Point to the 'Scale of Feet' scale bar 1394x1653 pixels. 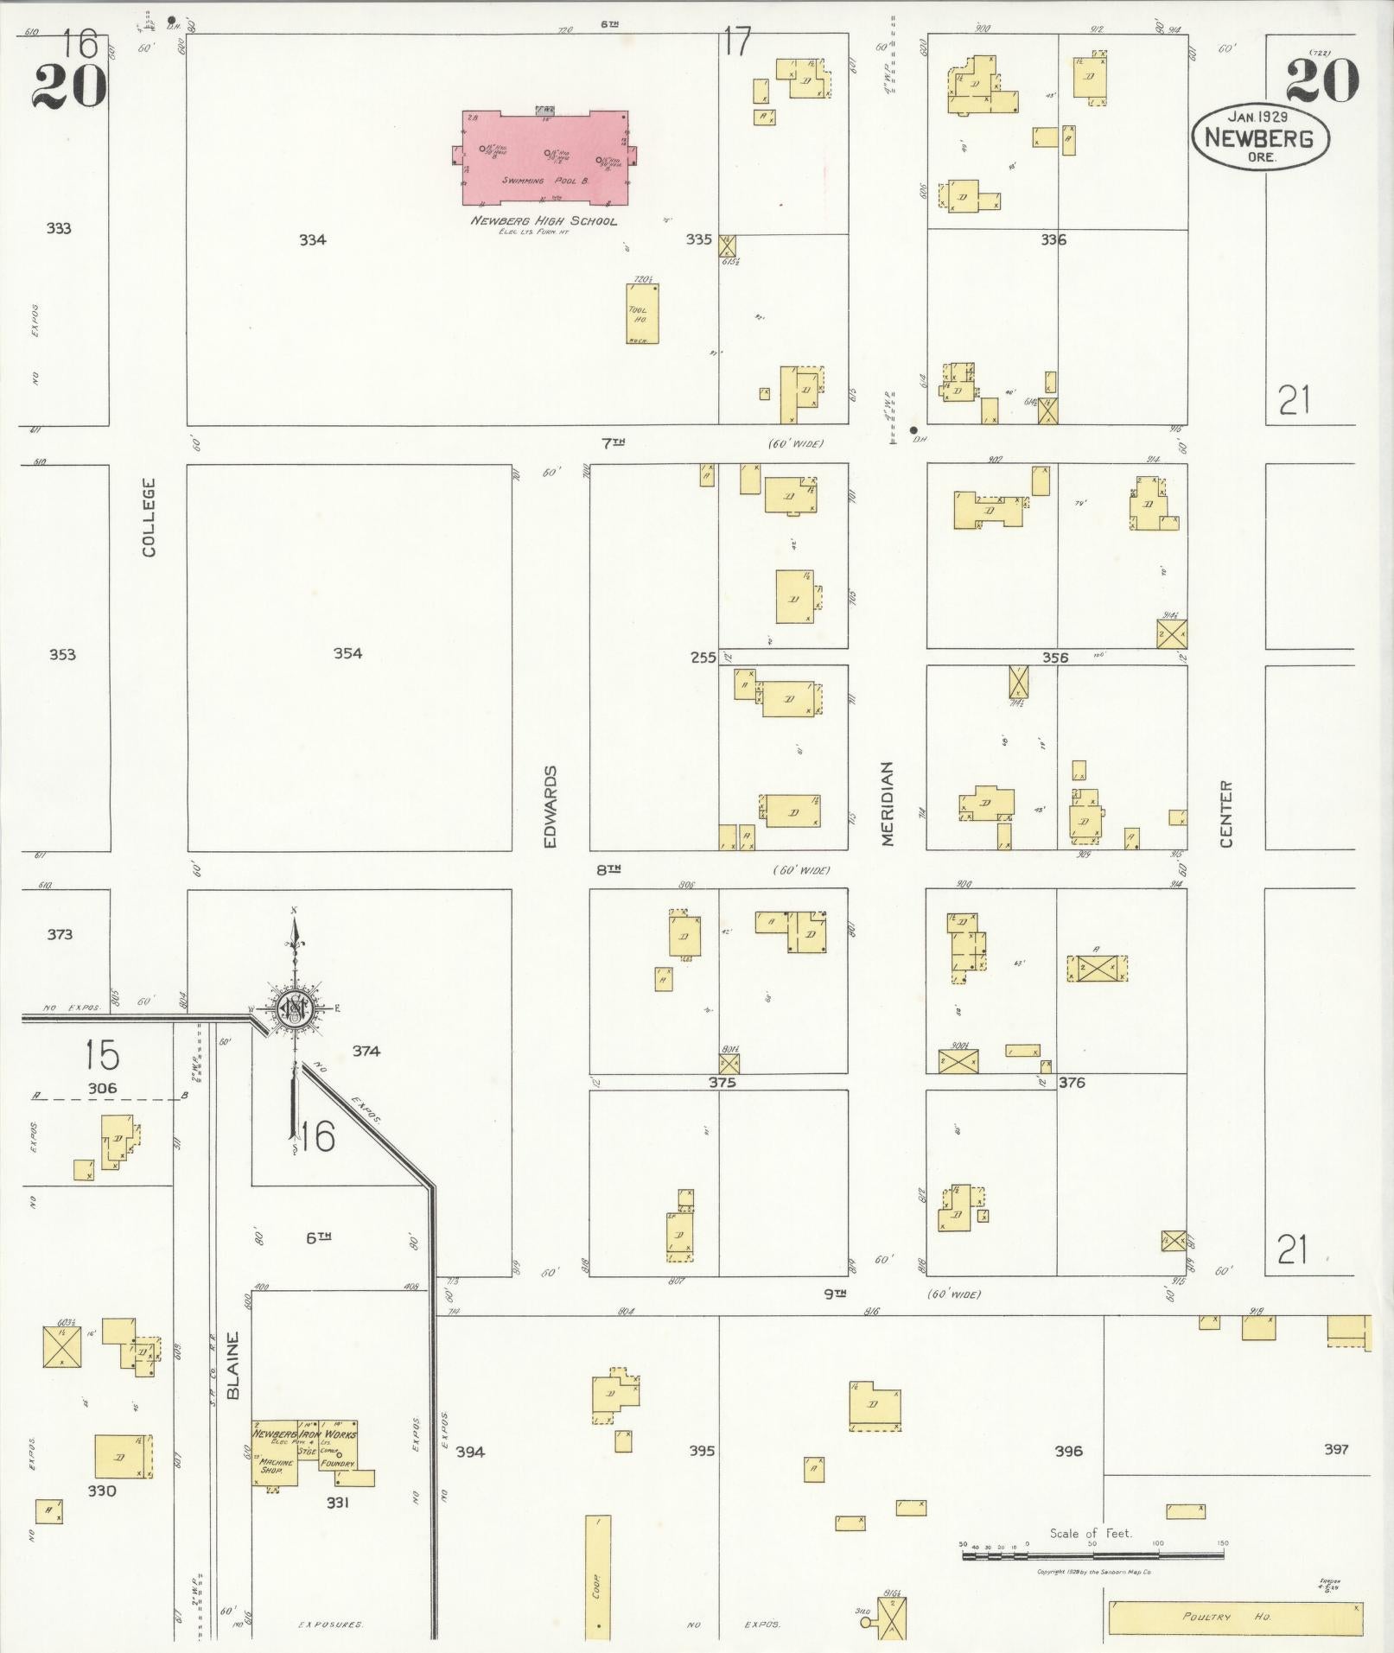(x=1092, y=1554)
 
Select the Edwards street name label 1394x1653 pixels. (x=552, y=805)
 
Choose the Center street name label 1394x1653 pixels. (x=1226, y=814)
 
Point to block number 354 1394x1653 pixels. (x=347, y=653)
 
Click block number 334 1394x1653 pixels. (x=312, y=240)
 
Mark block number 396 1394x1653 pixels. (x=1068, y=1451)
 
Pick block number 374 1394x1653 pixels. (x=366, y=1051)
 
